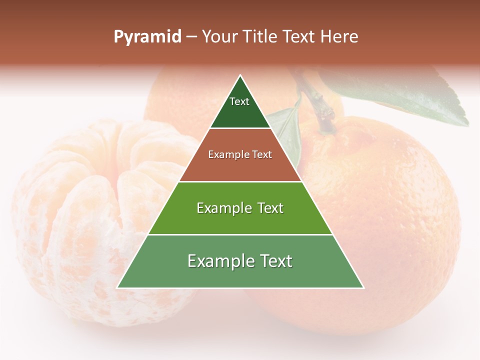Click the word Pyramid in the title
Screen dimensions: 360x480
[x=147, y=37]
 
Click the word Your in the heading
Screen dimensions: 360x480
[x=220, y=37]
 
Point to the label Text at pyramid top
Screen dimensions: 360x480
[x=239, y=101]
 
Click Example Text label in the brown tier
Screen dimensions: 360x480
[x=240, y=154]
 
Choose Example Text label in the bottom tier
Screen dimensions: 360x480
[x=240, y=261]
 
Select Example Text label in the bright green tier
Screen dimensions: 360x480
[x=240, y=208]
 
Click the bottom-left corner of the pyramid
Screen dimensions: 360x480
[x=117, y=287]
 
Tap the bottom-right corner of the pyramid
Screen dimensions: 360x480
[x=363, y=287]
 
